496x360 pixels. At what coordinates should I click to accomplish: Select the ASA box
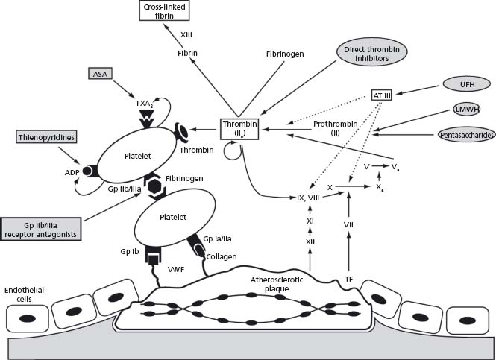tap(99, 73)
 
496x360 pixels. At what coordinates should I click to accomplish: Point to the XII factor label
tap(310, 243)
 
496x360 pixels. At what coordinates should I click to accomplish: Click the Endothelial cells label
tap(20, 294)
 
